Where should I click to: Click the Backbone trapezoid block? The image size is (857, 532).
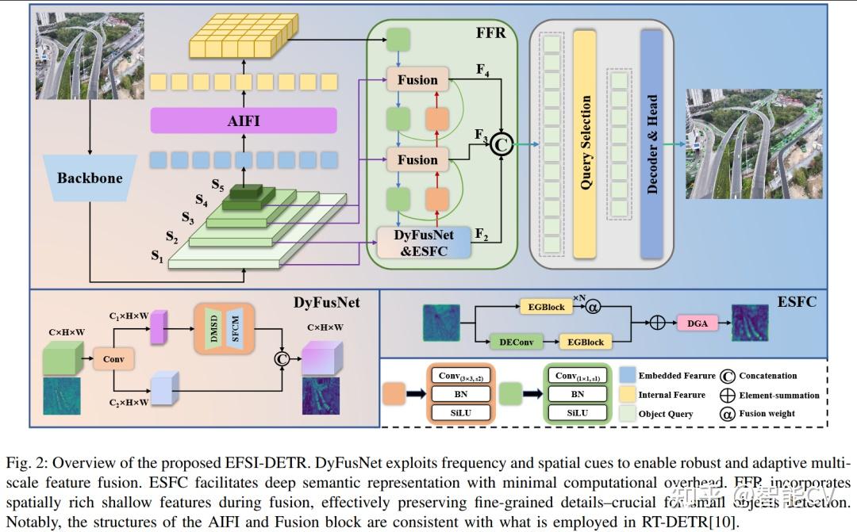click(90, 178)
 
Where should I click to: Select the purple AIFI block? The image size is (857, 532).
click(244, 121)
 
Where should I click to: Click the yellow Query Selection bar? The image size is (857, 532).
click(585, 143)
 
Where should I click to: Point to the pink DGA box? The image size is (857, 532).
click(697, 323)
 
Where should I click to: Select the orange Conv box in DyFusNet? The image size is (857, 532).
click(113, 358)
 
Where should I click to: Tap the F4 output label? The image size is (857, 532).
click(482, 70)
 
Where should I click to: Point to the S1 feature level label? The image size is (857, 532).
click(157, 255)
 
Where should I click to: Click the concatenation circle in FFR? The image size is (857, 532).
click(501, 143)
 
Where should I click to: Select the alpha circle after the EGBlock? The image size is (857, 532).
click(593, 306)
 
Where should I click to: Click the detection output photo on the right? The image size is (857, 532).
click(754, 143)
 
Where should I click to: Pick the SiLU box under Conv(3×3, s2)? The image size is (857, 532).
click(460, 413)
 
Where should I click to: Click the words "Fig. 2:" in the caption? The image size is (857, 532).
click(26, 463)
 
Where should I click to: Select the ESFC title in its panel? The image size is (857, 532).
click(796, 301)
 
